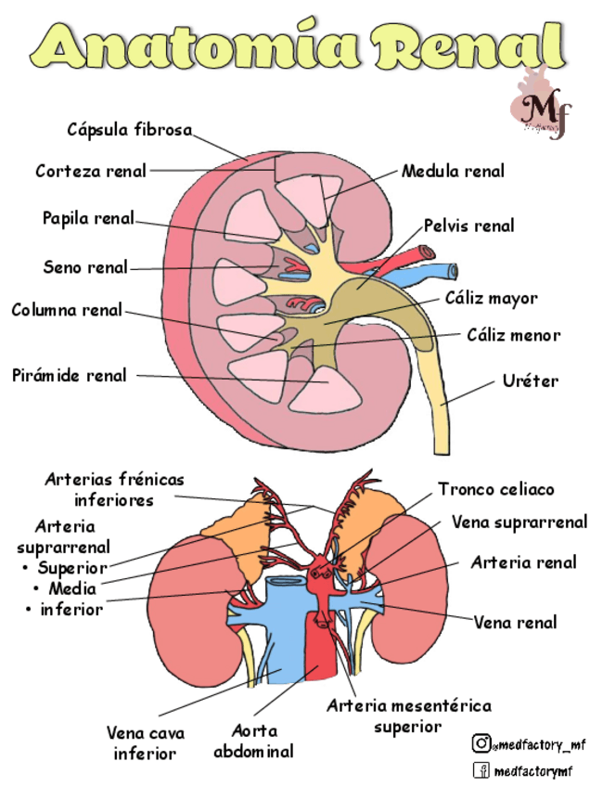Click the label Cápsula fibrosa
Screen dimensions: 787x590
(x=129, y=129)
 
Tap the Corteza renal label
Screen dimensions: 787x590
(x=91, y=171)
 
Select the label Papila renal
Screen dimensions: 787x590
(x=88, y=219)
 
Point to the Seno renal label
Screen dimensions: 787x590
(x=85, y=267)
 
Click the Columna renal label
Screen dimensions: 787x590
(x=67, y=310)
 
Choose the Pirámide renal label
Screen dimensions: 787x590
(x=70, y=376)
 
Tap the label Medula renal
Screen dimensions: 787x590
(x=453, y=171)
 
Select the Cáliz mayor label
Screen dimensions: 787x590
(x=491, y=299)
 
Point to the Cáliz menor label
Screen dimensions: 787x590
(x=513, y=334)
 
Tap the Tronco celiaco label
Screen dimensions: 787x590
(x=495, y=489)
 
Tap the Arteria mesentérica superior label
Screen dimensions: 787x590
(x=408, y=716)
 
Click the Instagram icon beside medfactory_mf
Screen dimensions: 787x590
(x=481, y=742)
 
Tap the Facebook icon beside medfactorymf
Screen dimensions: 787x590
(x=481, y=769)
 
